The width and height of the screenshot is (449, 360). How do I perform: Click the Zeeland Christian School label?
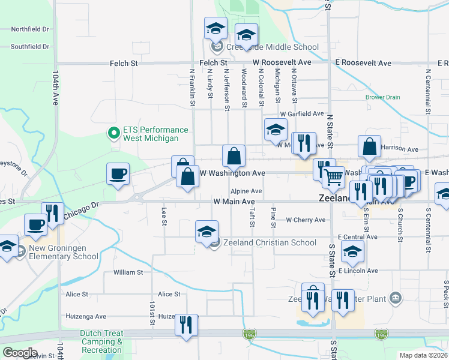[270, 242]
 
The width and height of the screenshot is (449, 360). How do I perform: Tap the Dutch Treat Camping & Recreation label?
[102, 341]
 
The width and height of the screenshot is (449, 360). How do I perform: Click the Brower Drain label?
[382, 97]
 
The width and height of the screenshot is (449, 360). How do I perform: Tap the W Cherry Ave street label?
[305, 220]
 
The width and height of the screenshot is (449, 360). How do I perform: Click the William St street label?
[128, 272]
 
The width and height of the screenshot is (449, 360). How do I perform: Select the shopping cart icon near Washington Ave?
[333, 176]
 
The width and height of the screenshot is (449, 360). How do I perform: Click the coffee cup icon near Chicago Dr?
[118, 174]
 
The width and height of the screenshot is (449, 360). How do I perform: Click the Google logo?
[20, 353]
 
